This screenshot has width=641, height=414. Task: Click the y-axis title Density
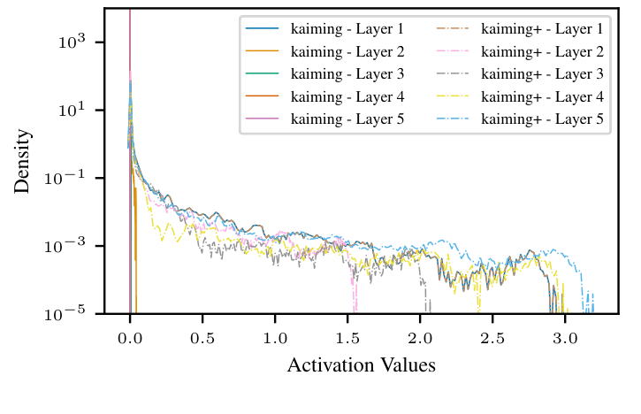(x=24, y=161)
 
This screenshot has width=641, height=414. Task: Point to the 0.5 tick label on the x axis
(x=202, y=338)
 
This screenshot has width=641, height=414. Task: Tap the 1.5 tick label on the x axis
(x=347, y=338)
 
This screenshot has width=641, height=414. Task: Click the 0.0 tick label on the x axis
(x=130, y=338)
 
